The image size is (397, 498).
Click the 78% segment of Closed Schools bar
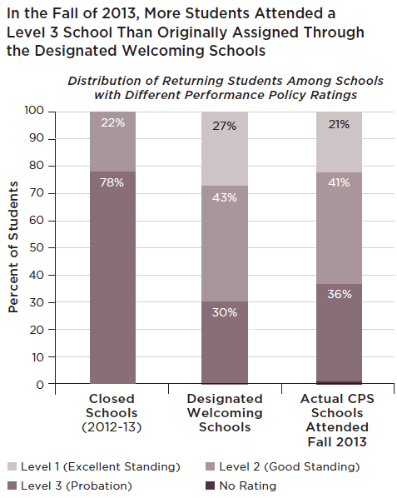pyautogui.click(x=112, y=277)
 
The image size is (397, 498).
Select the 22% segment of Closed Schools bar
pyautogui.click(x=112, y=142)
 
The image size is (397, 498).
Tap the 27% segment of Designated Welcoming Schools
pyautogui.click(x=225, y=148)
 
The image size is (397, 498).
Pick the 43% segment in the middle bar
pyautogui.click(x=225, y=244)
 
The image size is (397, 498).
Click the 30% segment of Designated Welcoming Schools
pyautogui.click(x=225, y=342)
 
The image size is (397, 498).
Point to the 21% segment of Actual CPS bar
pyautogui.click(x=339, y=142)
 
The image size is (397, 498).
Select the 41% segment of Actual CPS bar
pyautogui.click(x=339, y=228)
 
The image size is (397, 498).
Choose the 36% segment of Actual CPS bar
pyautogui.click(x=339, y=332)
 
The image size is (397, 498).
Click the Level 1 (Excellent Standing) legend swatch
pyautogui.click(x=12, y=466)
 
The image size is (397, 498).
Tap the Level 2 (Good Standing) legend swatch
pyautogui.click(x=210, y=466)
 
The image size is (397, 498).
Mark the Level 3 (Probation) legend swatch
pyautogui.click(x=12, y=486)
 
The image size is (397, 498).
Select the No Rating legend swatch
pyautogui.click(x=210, y=486)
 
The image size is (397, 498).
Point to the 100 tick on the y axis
pyautogui.click(x=52, y=112)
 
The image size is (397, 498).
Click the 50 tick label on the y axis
pyautogui.click(x=37, y=247)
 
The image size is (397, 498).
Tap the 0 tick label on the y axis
pyautogui.click(x=40, y=385)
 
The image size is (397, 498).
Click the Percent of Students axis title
pyautogui.click(x=13, y=247)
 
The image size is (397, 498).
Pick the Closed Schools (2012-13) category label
pyautogui.click(x=112, y=413)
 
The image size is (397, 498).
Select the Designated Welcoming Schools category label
pyautogui.click(x=225, y=413)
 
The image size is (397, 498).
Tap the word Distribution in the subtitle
pyautogui.click(x=104, y=81)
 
